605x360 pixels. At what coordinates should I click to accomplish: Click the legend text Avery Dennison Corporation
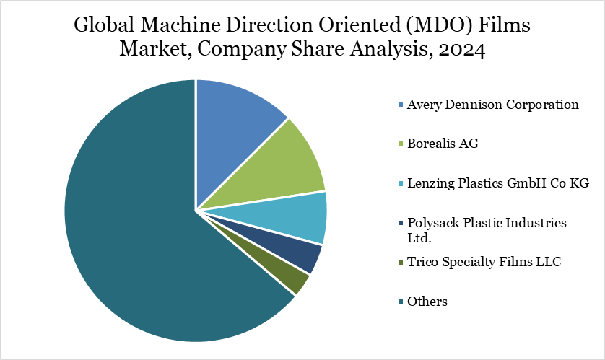pos(492,105)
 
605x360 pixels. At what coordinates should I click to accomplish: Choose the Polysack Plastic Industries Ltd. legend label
pos(487,229)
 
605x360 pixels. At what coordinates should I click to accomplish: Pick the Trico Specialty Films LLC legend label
pos(484,262)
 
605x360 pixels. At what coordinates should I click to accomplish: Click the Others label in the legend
pos(427,302)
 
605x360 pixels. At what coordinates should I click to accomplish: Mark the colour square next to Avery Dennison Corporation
pos(400,105)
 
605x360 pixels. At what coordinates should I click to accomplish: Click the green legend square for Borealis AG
pos(400,144)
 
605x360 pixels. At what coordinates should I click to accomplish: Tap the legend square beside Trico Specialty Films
pos(400,263)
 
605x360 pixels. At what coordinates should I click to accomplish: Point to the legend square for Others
pos(400,302)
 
